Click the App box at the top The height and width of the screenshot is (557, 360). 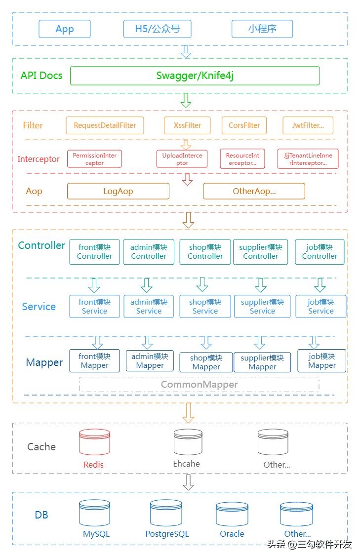click(65, 29)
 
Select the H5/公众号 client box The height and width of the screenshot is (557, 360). click(157, 29)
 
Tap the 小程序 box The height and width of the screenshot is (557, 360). click(262, 29)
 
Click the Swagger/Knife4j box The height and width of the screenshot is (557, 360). click(195, 76)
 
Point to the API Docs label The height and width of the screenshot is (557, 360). click(41, 76)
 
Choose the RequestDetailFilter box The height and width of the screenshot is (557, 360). click(105, 125)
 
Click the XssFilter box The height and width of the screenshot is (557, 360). click(187, 125)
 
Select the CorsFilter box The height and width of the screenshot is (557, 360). click(244, 125)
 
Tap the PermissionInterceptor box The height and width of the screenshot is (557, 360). click(94, 159)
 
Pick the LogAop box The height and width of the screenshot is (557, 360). click(118, 191)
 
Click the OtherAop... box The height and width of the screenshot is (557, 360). click(254, 191)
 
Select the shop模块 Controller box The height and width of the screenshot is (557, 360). click(205, 252)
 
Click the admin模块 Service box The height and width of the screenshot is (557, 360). click(149, 306)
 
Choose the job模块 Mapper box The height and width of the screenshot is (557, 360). click(321, 360)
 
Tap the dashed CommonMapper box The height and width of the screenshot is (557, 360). click(199, 384)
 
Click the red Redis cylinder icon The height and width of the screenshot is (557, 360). click(94, 442)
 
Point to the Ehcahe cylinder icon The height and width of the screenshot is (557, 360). click(188, 442)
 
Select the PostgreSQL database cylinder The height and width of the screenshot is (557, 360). click(166, 513)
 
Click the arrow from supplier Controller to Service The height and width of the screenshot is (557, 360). click(261, 285)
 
